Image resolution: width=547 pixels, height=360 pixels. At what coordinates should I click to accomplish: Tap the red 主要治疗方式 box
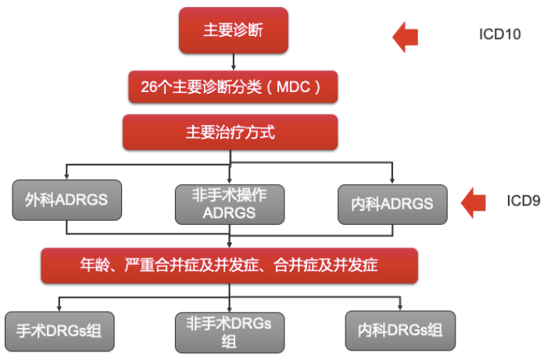tap(230, 132)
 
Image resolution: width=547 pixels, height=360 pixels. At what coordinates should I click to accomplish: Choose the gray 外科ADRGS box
tap(66, 202)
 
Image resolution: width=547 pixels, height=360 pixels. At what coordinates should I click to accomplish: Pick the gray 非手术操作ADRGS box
tap(229, 204)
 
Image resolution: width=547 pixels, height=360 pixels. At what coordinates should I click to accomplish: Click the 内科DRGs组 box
tap(400, 330)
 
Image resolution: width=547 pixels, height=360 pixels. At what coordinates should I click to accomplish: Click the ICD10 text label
tap(499, 35)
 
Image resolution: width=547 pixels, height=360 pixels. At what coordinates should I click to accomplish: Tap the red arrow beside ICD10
tap(406, 36)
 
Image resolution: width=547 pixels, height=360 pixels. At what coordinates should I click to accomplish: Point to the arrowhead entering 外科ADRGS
tap(66, 177)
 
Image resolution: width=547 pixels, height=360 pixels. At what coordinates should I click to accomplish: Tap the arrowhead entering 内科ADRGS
tap(393, 179)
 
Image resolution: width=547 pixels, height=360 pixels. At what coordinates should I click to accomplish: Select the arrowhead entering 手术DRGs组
tap(59, 307)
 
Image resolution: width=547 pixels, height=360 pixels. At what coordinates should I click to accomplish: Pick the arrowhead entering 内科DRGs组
tap(400, 307)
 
